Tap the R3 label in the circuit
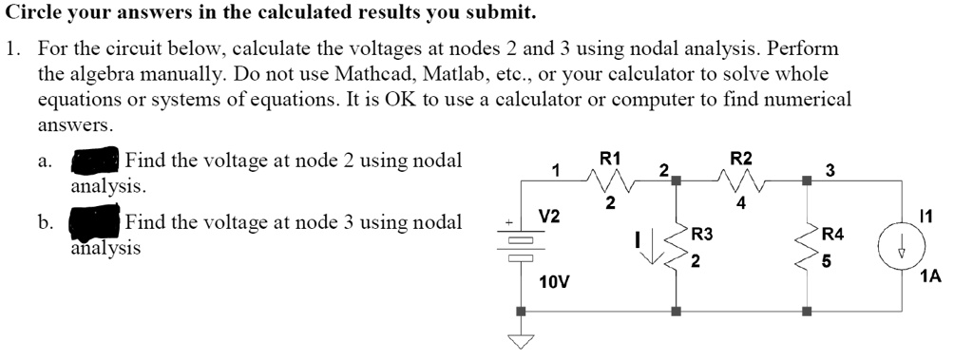(702, 234)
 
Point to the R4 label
(831, 234)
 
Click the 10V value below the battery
(553, 282)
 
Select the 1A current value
(930, 277)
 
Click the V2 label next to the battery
(549, 217)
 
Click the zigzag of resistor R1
(610, 178)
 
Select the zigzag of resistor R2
(741, 178)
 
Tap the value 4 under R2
(741, 201)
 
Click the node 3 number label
(830, 171)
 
